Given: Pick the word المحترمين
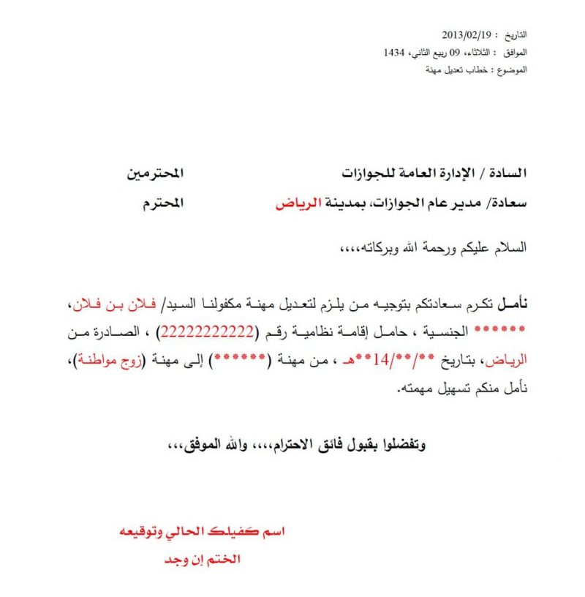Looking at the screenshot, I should (x=155, y=173).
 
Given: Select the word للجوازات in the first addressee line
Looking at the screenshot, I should (x=365, y=173).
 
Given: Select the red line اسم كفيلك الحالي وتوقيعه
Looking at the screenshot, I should (x=201, y=532).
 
